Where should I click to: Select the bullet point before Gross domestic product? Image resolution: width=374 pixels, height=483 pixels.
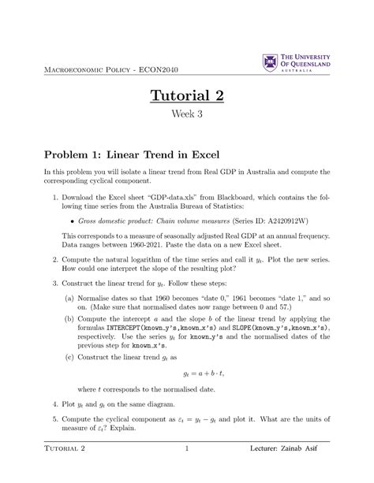pyautogui.click(x=72, y=200)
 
